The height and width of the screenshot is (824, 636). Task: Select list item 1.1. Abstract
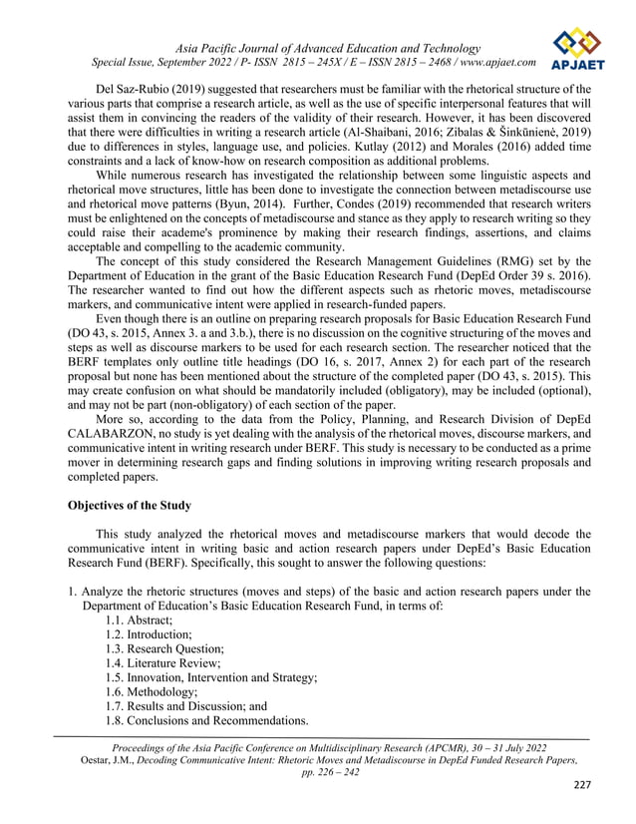(138, 619)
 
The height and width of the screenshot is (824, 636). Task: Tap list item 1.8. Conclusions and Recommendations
(206, 720)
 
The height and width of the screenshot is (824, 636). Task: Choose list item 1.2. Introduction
(149, 634)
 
